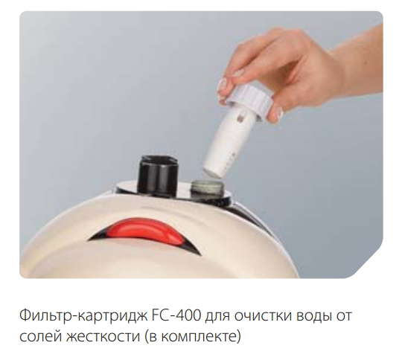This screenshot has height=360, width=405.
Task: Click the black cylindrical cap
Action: click(x=158, y=175)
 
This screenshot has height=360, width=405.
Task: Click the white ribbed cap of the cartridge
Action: click(x=249, y=99)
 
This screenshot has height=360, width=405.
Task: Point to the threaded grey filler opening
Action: click(x=207, y=190)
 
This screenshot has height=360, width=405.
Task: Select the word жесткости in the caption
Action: click(x=103, y=337)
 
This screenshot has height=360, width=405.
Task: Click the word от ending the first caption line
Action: click(x=343, y=316)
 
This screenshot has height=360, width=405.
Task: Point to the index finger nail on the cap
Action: click(x=222, y=85)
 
